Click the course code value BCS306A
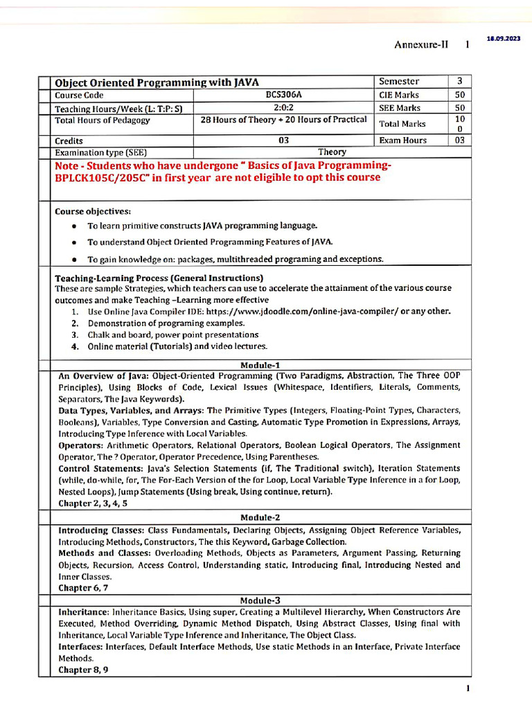[283, 95]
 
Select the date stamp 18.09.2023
[504, 39]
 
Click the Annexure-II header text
[421, 44]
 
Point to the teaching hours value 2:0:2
[284, 108]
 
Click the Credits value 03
[284, 140]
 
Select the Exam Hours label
[403, 140]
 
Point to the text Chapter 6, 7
[83, 588]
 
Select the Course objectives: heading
[93, 210]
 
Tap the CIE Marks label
[399, 95]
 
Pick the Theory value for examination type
[332, 152]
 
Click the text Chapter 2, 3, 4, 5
[93, 503]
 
